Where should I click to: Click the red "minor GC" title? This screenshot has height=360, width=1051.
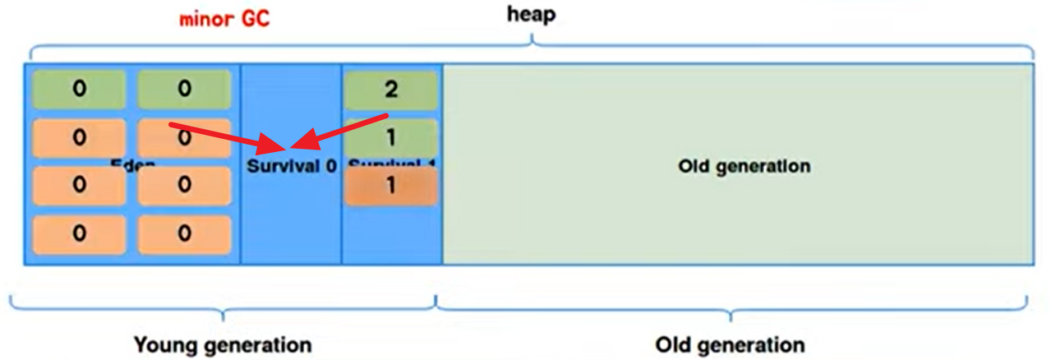click(224, 19)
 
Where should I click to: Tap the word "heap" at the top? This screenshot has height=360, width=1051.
click(530, 15)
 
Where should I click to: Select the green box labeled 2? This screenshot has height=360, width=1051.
click(390, 90)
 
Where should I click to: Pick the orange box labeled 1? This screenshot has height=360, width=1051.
click(390, 186)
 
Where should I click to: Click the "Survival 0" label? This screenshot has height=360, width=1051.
click(292, 166)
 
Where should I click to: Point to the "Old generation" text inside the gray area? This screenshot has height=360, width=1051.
click(744, 166)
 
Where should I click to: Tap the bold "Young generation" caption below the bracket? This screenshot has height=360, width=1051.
click(223, 344)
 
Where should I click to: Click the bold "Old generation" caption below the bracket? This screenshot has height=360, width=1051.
click(730, 344)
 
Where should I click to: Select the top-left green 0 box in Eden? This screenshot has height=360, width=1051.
click(79, 90)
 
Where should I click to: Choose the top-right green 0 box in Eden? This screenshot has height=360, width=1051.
click(183, 90)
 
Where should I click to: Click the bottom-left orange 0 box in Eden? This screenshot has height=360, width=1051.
click(79, 234)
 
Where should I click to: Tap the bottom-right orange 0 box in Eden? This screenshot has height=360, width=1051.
click(183, 234)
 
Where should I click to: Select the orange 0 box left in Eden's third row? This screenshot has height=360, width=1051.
click(79, 186)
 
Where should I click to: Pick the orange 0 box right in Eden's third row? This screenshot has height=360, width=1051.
click(183, 186)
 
